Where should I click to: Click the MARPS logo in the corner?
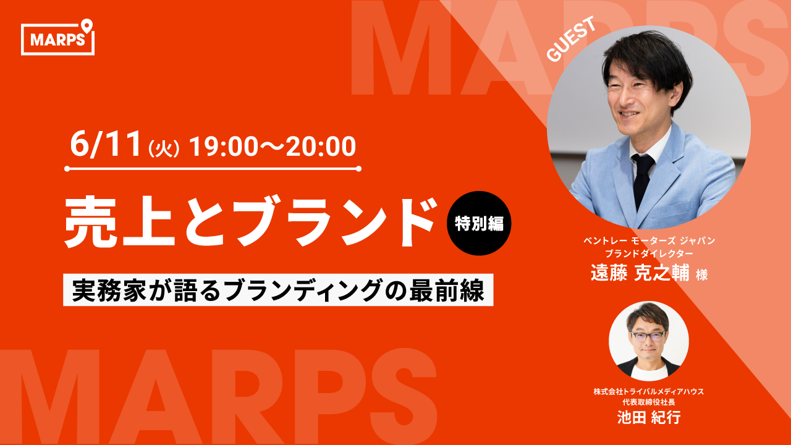pyautogui.click(x=57, y=38)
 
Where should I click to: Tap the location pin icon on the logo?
pyautogui.click(x=87, y=26)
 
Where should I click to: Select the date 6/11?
pyautogui.click(x=106, y=145)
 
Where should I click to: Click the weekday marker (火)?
pyautogui.click(x=164, y=149)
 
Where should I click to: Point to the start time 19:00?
pyautogui.click(x=223, y=146)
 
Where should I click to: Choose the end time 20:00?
pyautogui.click(x=320, y=146)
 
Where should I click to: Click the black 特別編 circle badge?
pyautogui.click(x=479, y=223)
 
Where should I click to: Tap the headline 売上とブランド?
pyautogui.click(x=250, y=221)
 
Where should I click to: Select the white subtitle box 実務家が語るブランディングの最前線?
pyautogui.click(x=278, y=290)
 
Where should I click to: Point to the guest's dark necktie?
pyautogui.click(x=641, y=180)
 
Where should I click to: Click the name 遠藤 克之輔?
pyautogui.click(x=640, y=273)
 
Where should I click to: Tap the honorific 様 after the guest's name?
pyautogui.click(x=701, y=275)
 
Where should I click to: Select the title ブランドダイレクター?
pyautogui.click(x=649, y=253)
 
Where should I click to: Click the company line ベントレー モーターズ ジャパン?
pyautogui.click(x=649, y=241)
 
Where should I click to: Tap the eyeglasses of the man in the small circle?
pyautogui.click(x=648, y=336)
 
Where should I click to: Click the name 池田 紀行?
pyautogui.click(x=649, y=417)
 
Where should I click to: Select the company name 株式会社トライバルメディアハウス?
pyautogui.click(x=649, y=391)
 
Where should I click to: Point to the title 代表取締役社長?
pyautogui.click(x=649, y=402)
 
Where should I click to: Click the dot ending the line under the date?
pyautogui.click(x=358, y=169)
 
